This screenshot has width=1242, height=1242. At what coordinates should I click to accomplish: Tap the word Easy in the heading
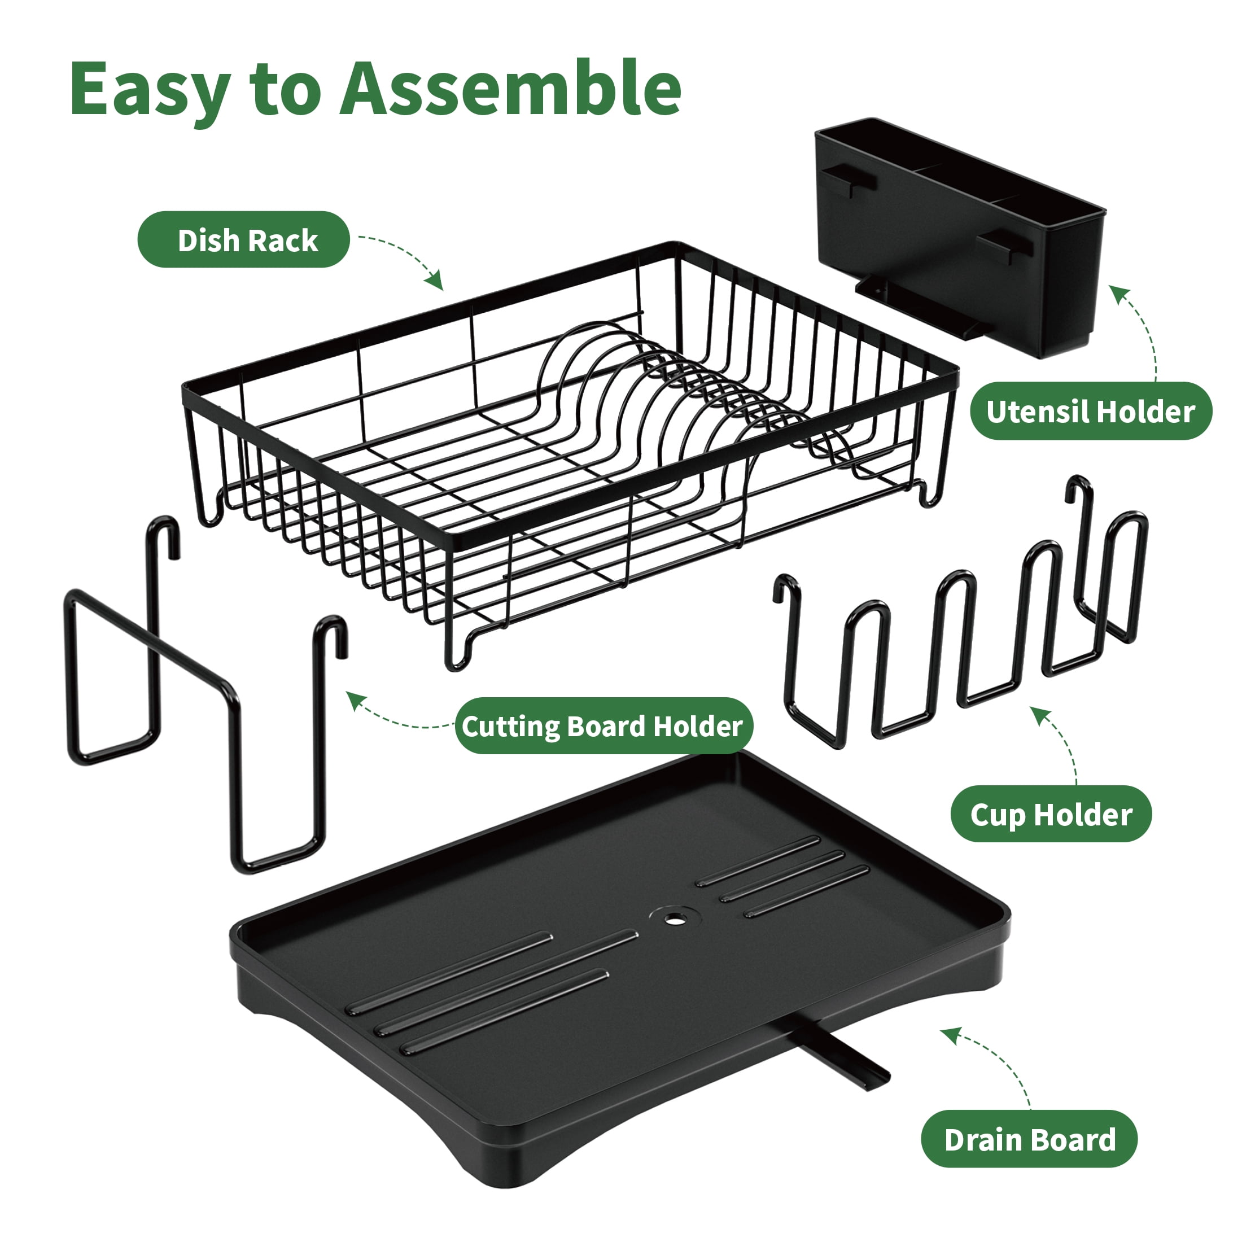click(x=150, y=93)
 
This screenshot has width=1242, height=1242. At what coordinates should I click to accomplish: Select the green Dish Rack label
click(x=244, y=240)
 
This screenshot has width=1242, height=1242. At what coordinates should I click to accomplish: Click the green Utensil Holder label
click(x=1090, y=412)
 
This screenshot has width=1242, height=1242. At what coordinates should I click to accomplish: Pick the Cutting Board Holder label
click(x=603, y=727)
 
